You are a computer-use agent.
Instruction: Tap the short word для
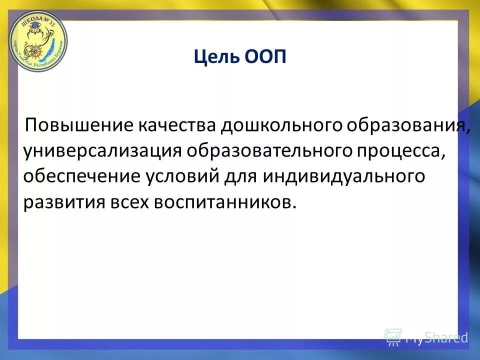tap(238, 177)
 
